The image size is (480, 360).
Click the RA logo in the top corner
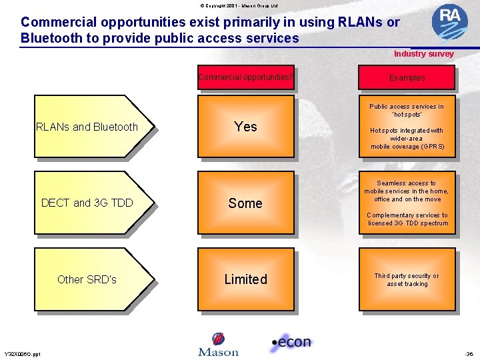[x=449, y=22]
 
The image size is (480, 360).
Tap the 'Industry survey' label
[x=423, y=54]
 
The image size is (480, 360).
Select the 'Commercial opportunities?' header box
[x=245, y=77]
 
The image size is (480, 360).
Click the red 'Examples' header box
[x=407, y=77]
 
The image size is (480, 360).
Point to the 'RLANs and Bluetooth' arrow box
[x=91, y=127]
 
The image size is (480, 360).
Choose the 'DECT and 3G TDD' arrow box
[x=91, y=203]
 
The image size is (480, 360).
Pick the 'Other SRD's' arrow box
[x=91, y=279]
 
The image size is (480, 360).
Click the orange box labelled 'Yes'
[x=245, y=127]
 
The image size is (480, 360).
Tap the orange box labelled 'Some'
[x=245, y=203]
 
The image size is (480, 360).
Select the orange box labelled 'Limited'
[x=245, y=279]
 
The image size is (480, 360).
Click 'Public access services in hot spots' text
[x=407, y=110]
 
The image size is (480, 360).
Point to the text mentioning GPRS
[x=407, y=139]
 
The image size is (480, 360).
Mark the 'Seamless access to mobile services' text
[x=407, y=191]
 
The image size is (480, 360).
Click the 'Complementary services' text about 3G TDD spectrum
[x=407, y=219]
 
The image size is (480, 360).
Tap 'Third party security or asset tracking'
[x=407, y=280]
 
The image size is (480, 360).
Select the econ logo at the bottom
[x=291, y=343]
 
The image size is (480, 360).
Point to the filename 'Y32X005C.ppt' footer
[x=22, y=354]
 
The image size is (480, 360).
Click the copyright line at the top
[x=239, y=5]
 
